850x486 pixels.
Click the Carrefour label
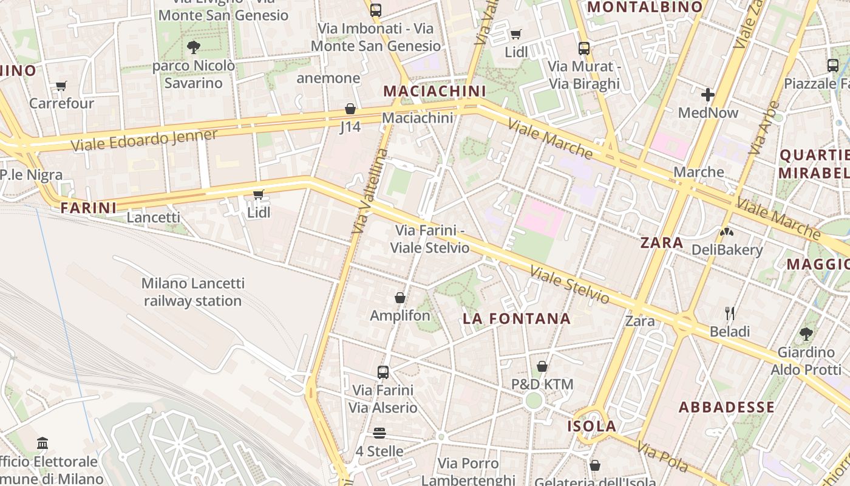pos(62,103)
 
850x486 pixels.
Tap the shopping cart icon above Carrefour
pos(61,86)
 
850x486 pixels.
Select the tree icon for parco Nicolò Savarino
pos(194,46)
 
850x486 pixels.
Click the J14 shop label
pos(350,127)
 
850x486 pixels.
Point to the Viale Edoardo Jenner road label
pos(144,140)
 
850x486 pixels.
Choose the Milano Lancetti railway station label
pos(193,292)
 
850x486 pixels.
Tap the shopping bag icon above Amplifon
pos(400,298)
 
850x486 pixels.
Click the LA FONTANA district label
pos(517,318)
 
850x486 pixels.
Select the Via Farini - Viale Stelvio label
pos(430,239)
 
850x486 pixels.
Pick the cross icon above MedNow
pos(708,95)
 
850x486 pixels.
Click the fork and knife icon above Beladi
pos(730,313)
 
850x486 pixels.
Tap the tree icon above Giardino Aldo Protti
pos(806,334)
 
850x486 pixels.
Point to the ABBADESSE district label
pos(726,407)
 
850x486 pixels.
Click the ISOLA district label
pos(592,426)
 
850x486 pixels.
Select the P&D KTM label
pos(542,385)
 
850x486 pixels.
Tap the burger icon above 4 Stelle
pos(379,433)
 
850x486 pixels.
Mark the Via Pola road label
pos(662,456)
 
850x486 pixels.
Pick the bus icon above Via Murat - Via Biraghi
pos(584,48)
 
